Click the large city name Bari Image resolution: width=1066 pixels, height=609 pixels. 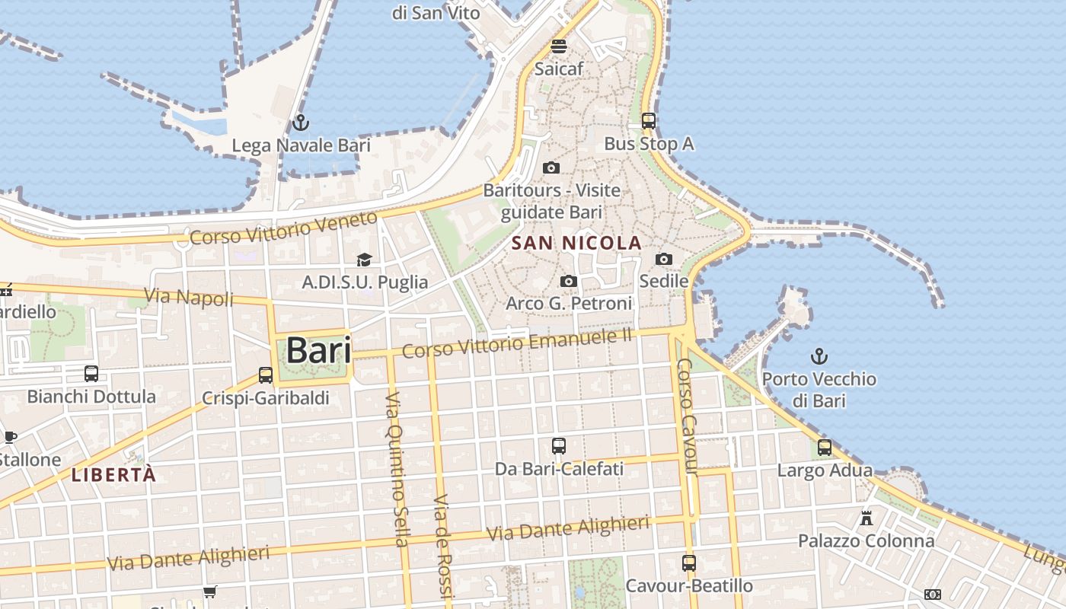(318, 351)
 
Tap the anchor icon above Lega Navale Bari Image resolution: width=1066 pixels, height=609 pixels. (301, 123)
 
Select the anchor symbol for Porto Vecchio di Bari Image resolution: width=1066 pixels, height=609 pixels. (819, 356)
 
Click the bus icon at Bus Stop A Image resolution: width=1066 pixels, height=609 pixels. (649, 120)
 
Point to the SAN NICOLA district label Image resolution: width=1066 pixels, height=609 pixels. (576, 244)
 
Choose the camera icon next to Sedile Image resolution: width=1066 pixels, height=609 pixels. (664, 259)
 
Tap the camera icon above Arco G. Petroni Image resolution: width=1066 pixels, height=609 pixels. (568, 282)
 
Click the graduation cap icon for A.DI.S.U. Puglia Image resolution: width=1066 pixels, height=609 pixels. (365, 260)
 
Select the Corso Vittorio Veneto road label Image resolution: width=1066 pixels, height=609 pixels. (283, 228)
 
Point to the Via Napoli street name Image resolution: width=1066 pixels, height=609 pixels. (189, 296)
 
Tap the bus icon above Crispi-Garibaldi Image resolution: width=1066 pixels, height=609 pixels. (266, 375)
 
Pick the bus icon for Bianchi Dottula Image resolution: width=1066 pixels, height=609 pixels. (91, 373)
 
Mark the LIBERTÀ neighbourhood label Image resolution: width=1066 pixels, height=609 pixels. (113, 476)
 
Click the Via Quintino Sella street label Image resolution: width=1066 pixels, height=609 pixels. (397, 470)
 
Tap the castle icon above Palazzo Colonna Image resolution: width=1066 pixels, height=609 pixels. (866, 518)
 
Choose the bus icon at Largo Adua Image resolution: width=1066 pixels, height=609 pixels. (825, 448)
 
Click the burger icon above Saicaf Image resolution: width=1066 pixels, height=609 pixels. (559, 46)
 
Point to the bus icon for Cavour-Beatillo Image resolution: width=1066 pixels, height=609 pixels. (689, 563)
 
